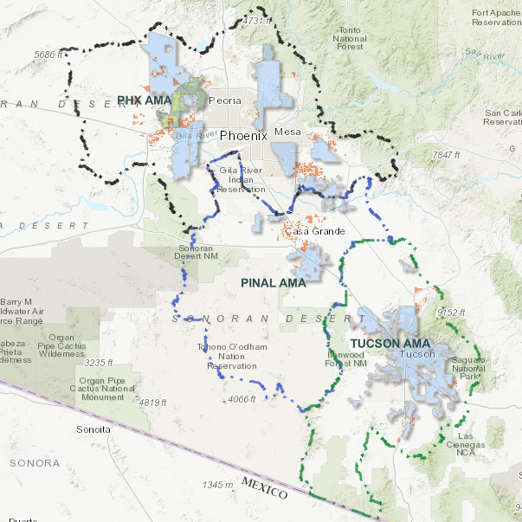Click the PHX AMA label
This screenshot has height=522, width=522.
coord(145,101)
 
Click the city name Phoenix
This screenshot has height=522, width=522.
coord(246,136)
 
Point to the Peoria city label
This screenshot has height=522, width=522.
coord(225,100)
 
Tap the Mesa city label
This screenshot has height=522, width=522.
coord(286,132)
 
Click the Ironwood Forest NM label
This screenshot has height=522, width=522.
coord(348,358)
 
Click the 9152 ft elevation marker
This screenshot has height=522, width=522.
coord(452,313)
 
